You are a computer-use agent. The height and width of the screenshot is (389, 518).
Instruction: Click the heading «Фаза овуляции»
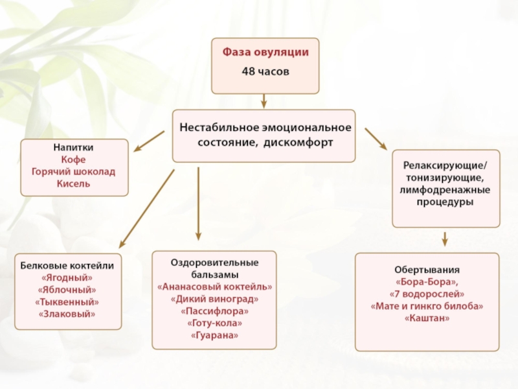(265, 53)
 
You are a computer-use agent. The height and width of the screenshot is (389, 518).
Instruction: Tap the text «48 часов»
(265, 71)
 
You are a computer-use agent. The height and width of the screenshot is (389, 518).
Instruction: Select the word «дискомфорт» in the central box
(298, 143)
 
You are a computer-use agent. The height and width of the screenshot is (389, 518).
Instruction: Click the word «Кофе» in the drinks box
(73, 159)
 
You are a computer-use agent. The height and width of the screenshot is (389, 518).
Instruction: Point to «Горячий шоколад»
(73, 172)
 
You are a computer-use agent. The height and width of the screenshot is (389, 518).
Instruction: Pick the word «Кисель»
(73, 184)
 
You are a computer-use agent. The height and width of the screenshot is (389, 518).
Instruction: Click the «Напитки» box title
(73, 148)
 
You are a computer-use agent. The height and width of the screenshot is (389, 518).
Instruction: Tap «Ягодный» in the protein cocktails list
(67, 277)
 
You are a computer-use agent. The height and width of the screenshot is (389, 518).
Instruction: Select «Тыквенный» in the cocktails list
(67, 302)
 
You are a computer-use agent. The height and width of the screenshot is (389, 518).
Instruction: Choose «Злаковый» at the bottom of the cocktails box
(67, 314)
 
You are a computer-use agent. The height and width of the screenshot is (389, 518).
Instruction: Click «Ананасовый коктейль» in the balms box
(215, 287)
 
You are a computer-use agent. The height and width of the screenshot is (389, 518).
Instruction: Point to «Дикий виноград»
(215, 299)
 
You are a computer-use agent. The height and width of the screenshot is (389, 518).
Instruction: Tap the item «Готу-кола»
(215, 323)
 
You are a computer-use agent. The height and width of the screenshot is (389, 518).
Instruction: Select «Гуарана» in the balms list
(215, 335)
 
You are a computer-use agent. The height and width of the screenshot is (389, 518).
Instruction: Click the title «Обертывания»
(427, 270)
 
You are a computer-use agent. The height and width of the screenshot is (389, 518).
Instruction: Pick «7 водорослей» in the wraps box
(427, 294)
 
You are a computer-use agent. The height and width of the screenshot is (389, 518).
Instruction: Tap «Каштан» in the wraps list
(427, 318)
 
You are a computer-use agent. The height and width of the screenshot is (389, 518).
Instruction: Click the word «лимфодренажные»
(445, 190)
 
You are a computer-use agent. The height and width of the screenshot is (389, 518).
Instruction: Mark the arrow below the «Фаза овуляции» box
(264, 101)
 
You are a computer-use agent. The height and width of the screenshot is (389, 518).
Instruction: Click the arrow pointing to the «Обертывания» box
(445, 239)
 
